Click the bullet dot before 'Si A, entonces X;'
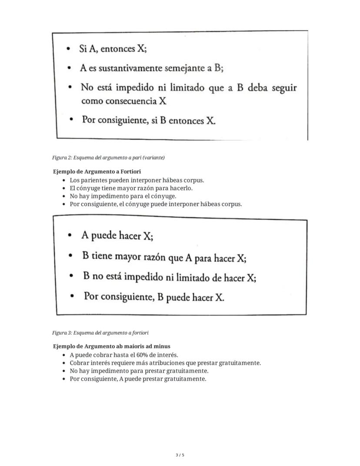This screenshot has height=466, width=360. (69, 49)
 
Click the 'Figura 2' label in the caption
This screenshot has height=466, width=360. (62, 158)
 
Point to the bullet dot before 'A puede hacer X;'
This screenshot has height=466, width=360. (71, 236)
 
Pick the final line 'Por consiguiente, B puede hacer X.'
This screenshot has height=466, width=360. (154, 297)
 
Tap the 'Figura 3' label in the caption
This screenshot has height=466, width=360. (62, 333)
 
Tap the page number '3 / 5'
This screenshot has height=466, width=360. (180, 455)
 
